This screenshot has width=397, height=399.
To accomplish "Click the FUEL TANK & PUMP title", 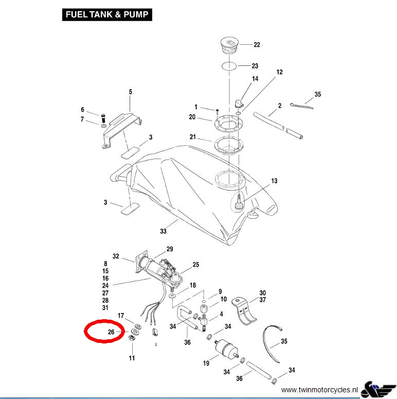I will pyautogui.click(x=107, y=14).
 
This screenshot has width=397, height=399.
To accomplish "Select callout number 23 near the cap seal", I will pyautogui.click(x=255, y=66).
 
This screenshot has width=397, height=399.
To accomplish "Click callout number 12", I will pyautogui.click(x=280, y=72).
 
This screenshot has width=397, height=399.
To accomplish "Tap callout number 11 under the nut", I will pyautogui.click(x=132, y=358).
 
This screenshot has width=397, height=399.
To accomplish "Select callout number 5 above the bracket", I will pyautogui.click(x=130, y=92).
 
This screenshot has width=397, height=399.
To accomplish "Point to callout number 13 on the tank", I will pyautogui.click(x=274, y=181).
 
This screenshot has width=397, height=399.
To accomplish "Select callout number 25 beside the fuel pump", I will pyautogui.click(x=195, y=265).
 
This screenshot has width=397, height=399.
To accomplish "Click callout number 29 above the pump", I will pyautogui.click(x=170, y=249).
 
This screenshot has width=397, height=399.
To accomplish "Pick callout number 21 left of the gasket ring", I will pyautogui.click(x=193, y=137).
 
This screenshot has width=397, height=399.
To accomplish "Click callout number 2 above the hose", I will pyautogui.click(x=280, y=106).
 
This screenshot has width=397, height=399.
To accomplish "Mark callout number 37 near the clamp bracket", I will pyautogui.click(x=262, y=300).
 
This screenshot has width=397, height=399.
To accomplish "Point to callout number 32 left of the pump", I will pyautogui.click(x=116, y=256).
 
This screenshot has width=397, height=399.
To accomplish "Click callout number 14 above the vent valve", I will pyautogui.click(x=255, y=79).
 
